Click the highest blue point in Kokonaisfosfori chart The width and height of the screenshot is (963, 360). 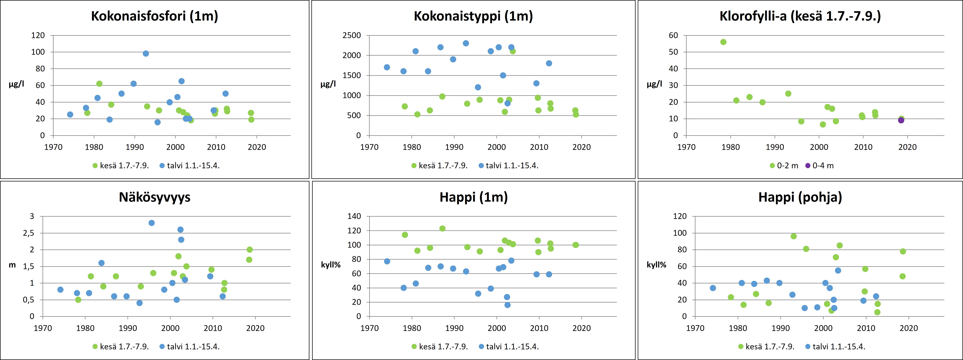[146, 53]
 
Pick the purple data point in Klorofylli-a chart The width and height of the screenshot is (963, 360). [901, 120]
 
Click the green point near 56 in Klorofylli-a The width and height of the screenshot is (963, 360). [723, 42]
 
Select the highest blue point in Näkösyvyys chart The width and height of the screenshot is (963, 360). [151, 223]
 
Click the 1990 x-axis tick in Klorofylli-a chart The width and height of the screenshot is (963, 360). [775, 147]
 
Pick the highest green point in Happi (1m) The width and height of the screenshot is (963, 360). [442, 228]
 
